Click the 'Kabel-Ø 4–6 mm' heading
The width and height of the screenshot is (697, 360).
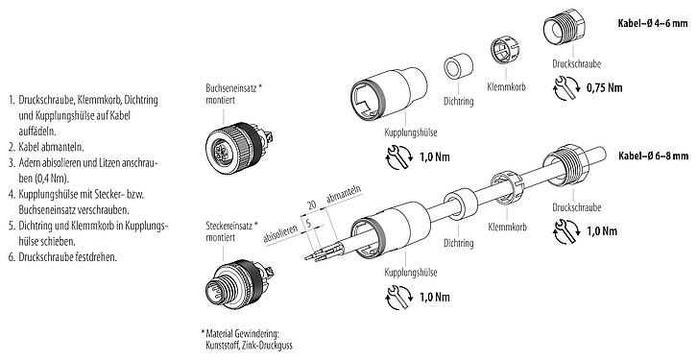pos(650,20)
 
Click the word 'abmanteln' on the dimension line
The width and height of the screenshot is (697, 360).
pos(344,200)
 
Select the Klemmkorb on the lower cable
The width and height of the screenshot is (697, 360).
pos(502,185)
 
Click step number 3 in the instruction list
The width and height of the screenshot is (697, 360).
pos(10,164)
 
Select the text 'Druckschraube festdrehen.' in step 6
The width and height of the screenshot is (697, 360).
pos(69,257)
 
